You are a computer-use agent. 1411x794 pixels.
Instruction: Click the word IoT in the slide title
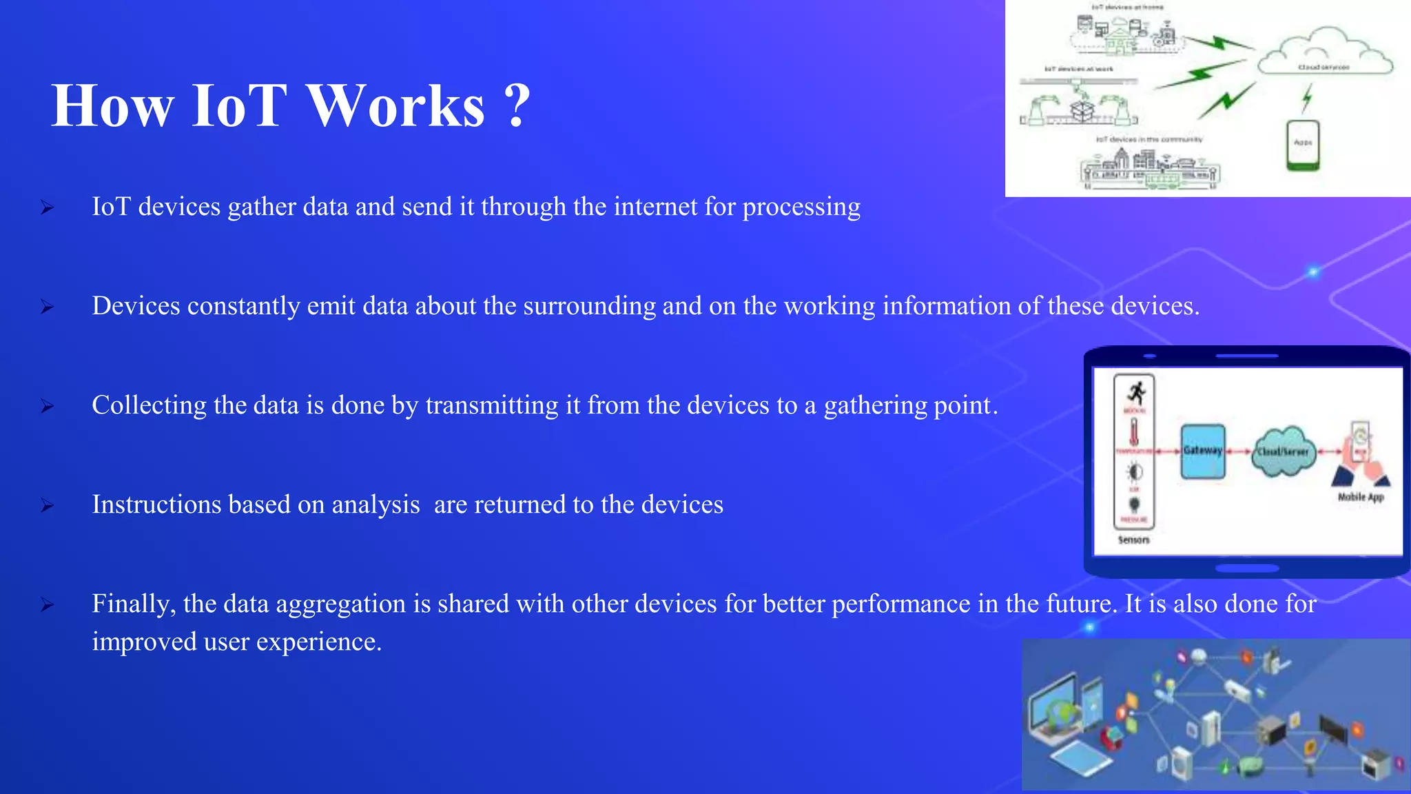tap(238, 106)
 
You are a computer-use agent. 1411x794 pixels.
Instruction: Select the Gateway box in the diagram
tap(1203, 451)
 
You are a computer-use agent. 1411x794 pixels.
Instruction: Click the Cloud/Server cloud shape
tap(1283, 451)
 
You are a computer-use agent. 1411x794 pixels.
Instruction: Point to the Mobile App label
tap(1361, 497)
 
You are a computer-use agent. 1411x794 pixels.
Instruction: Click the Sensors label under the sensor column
tap(1133, 540)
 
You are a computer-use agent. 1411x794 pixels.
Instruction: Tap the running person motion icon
tap(1135, 393)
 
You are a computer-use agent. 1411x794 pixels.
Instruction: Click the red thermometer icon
tap(1134, 433)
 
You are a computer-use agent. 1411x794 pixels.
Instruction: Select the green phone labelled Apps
tap(1303, 145)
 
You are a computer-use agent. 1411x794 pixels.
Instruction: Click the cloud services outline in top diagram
tap(1324, 52)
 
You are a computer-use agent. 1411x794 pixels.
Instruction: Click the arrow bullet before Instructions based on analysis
tap(47, 506)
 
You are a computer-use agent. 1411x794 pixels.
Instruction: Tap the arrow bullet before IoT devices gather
tap(47, 207)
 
